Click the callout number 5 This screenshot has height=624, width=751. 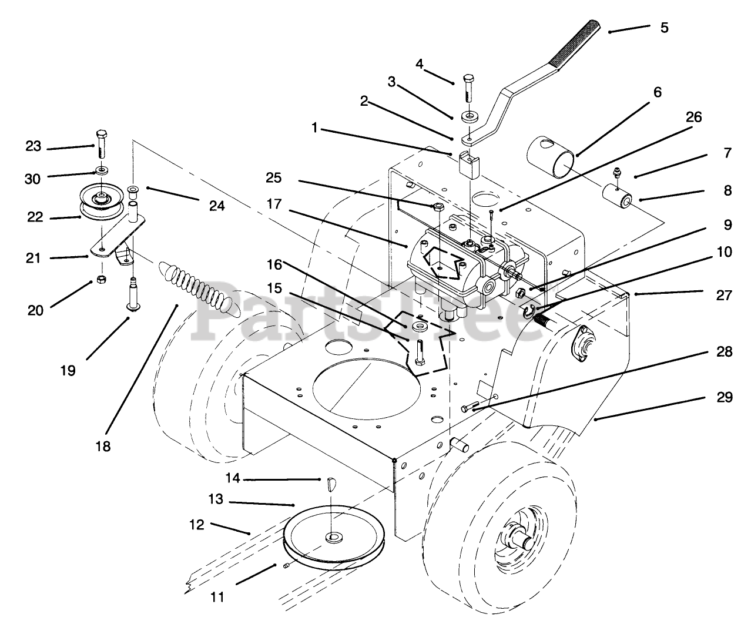click(664, 28)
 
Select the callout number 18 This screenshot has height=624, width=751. click(103, 446)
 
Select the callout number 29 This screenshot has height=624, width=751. click(725, 397)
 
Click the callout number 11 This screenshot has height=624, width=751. click(217, 598)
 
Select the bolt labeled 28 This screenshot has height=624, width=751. click(470, 407)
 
